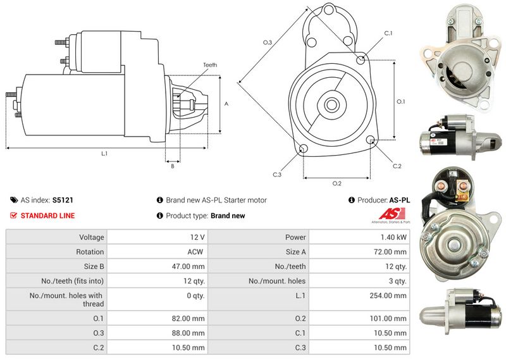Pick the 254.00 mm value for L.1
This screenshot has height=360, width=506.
click(392, 295)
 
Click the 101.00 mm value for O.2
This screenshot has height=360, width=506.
click(392, 318)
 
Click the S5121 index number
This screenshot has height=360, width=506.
click(63, 200)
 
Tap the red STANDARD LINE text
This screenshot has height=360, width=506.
click(47, 216)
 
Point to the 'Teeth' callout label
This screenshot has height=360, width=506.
click(210, 65)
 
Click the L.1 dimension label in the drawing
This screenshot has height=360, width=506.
click(104, 154)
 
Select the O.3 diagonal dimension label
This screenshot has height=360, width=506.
click(268, 42)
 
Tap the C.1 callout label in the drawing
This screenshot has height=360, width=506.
click(388, 33)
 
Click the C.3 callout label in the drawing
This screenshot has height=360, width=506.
click(276, 175)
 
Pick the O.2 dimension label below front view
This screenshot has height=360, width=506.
click(336, 183)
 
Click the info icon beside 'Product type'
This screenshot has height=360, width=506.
click(160, 216)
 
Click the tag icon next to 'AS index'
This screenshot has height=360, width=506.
click(14, 200)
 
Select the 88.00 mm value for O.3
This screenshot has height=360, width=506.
click(189, 333)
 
